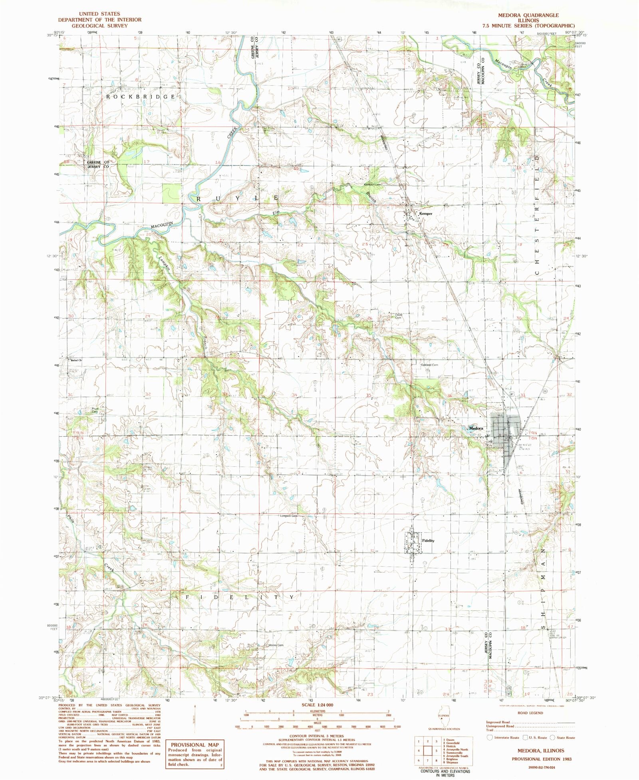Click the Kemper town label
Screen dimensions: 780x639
tap(426, 214)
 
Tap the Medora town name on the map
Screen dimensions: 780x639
tap(476, 428)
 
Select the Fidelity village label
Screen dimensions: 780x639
tap(428, 540)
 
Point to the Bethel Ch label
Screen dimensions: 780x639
tap(76, 360)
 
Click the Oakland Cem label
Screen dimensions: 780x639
tap(429, 365)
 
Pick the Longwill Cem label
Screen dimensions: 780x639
tap(289, 516)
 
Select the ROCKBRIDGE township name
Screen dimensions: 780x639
tap(141, 97)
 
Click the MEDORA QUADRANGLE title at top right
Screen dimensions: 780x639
tap(530, 14)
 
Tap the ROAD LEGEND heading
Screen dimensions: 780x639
tap(530, 713)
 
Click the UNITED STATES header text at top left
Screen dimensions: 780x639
tap(99, 14)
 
